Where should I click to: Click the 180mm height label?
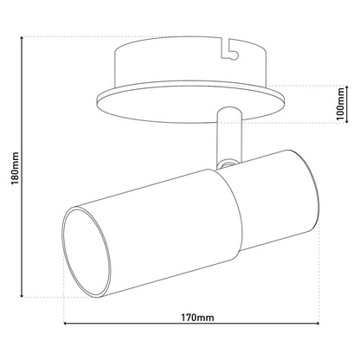(x=15, y=169)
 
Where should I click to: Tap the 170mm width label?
(x=197, y=318)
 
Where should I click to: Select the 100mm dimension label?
(x=341, y=104)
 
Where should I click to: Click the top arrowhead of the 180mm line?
(x=22, y=38)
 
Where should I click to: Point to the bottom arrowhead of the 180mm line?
(x=22, y=295)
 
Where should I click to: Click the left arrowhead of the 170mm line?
(x=65, y=324)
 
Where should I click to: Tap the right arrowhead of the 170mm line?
(x=318, y=324)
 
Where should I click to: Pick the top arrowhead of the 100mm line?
(x=347, y=87)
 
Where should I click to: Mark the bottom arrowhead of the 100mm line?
(x=347, y=121)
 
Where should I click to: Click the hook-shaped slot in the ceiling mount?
(x=230, y=49)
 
